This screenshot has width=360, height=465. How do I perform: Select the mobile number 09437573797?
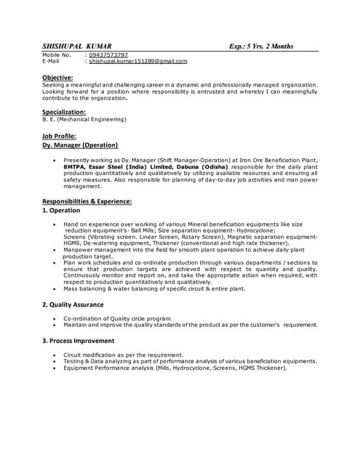tap(109, 54)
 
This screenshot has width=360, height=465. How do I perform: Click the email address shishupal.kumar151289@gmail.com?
tap(138, 61)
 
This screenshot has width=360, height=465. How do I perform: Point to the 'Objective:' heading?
tap(57, 77)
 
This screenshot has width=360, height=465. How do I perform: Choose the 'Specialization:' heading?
tap(64, 112)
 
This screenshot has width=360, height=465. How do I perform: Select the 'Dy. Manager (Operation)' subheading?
tap(80, 145)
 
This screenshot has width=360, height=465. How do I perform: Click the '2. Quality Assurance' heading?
tap(73, 304)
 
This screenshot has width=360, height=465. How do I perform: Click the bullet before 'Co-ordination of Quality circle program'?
tap(55, 318)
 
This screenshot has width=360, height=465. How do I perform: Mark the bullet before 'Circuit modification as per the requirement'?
tap(55, 355)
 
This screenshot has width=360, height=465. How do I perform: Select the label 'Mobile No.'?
tap(57, 54)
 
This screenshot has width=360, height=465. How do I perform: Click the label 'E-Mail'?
tap(52, 61)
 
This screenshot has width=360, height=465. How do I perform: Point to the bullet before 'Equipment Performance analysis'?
tap(55, 368)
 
